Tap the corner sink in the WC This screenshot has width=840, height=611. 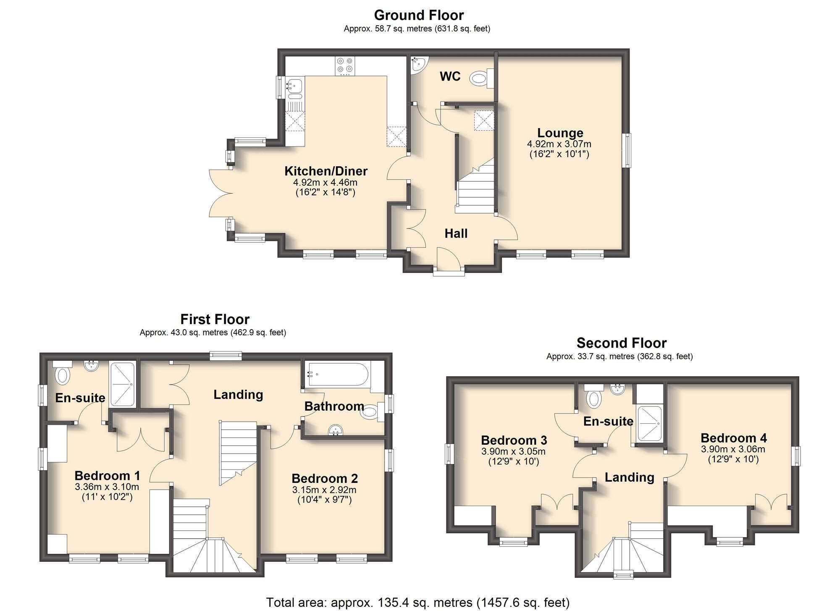[x=418, y=64]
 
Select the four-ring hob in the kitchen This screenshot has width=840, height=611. [x=345, y=66]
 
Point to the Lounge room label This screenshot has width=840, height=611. [x=560, y=133]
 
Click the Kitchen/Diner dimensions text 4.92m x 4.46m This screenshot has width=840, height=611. [x=325, y=182]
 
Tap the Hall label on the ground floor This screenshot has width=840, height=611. [x=456, y=233]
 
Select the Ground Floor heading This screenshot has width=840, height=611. [x=419, y=15]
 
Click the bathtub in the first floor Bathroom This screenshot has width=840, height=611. [x=338, y=374]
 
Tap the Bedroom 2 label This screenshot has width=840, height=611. [x=325, y=478]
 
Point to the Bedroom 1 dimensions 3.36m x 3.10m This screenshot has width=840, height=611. [x=107, y=487]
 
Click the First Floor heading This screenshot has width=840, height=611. [x=215, y=319]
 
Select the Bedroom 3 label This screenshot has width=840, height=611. [x=514, y=440]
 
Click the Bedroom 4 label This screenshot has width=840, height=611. [x=733, y=438]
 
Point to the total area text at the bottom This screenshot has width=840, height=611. [x=418, y=602]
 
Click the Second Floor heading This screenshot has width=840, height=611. [x=621, y=343]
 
